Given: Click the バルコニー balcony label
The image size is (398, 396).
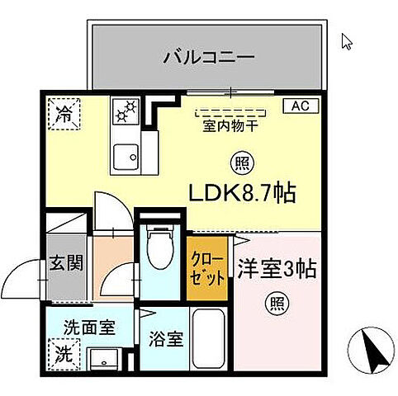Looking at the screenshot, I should (208, 58).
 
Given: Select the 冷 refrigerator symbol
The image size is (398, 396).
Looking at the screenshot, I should (63, 114).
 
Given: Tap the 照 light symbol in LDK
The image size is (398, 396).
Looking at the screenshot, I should (240, 163).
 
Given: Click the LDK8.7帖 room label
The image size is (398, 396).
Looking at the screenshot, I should (244, 194).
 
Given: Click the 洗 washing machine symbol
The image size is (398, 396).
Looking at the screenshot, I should (63, 356).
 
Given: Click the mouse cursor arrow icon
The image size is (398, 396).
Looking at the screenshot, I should (346, 40).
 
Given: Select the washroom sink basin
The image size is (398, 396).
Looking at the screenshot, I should (104, 360).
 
